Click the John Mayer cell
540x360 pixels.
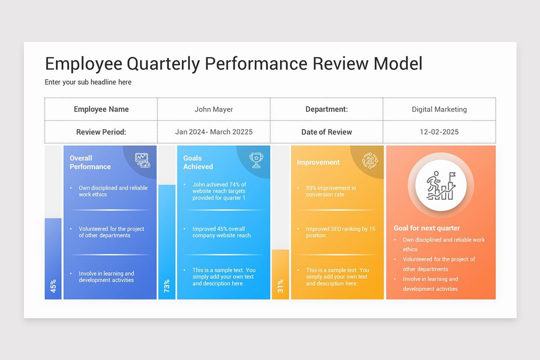tap(214, 109)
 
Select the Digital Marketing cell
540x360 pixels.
tap(439, 109)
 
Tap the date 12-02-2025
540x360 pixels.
tap(439, 132)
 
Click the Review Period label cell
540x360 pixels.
tap(101, 132)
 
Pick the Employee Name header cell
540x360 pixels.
tap(101, 109)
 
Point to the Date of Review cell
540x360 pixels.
tap(327, 132)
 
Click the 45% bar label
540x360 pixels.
tap(53, 286)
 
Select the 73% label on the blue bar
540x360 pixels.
tap(167, 286)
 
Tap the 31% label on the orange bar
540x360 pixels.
tap(280, 286)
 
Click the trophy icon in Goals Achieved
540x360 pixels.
tap(256, 160)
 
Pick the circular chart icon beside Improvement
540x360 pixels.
tap(370, 160)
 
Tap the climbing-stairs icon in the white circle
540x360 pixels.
tap(441, 185)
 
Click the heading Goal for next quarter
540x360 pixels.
tap(427, 228)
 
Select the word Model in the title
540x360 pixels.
tap(398, 64)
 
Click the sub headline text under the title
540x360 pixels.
tap(88, 82)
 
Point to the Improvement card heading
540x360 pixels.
tap(318, 162)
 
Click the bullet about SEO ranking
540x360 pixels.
tap(340, 232)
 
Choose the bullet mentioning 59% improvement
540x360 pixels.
tap(331, 191)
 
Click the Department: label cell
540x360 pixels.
tap(327, 109)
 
